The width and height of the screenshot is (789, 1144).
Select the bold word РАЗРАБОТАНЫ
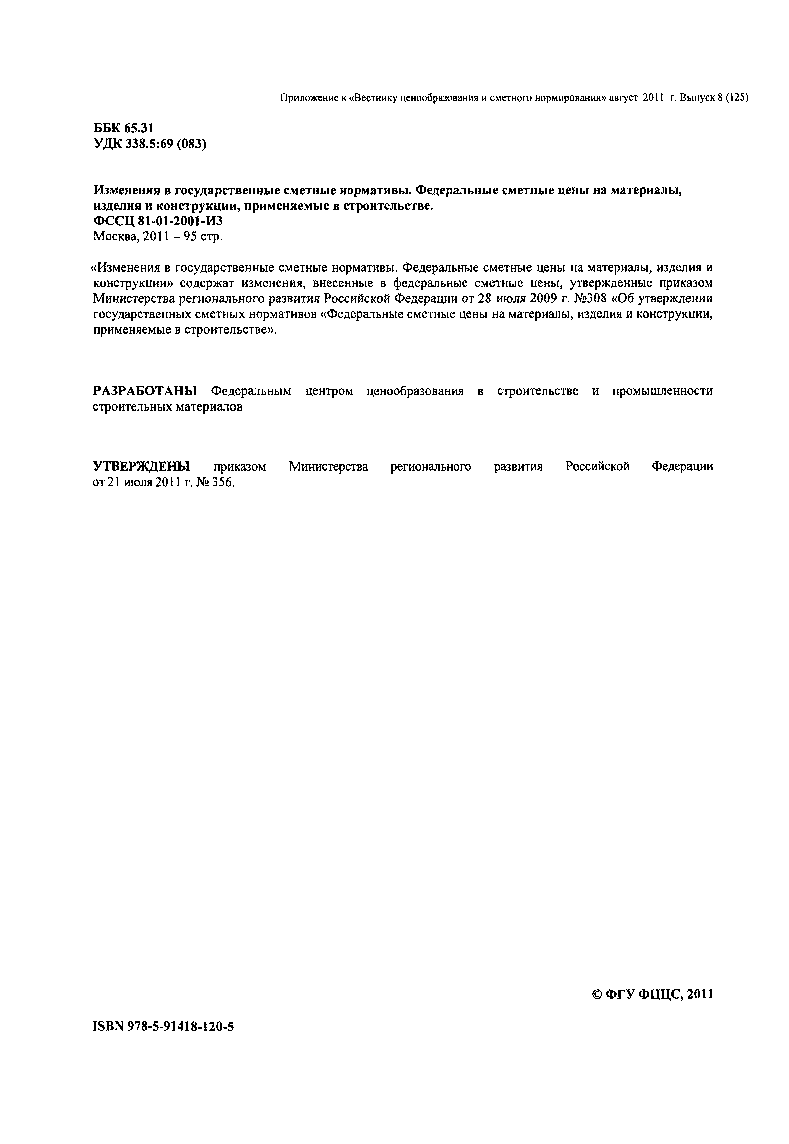pos(145,391)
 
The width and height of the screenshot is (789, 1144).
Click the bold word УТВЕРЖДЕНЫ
pos(141,466)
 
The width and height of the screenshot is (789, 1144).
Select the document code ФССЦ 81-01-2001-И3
pos(158,221)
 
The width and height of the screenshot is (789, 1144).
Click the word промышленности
pos(662,391)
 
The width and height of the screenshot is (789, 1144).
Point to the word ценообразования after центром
pos(416,391)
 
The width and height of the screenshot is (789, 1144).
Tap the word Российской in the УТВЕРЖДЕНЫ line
pos(597,466)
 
